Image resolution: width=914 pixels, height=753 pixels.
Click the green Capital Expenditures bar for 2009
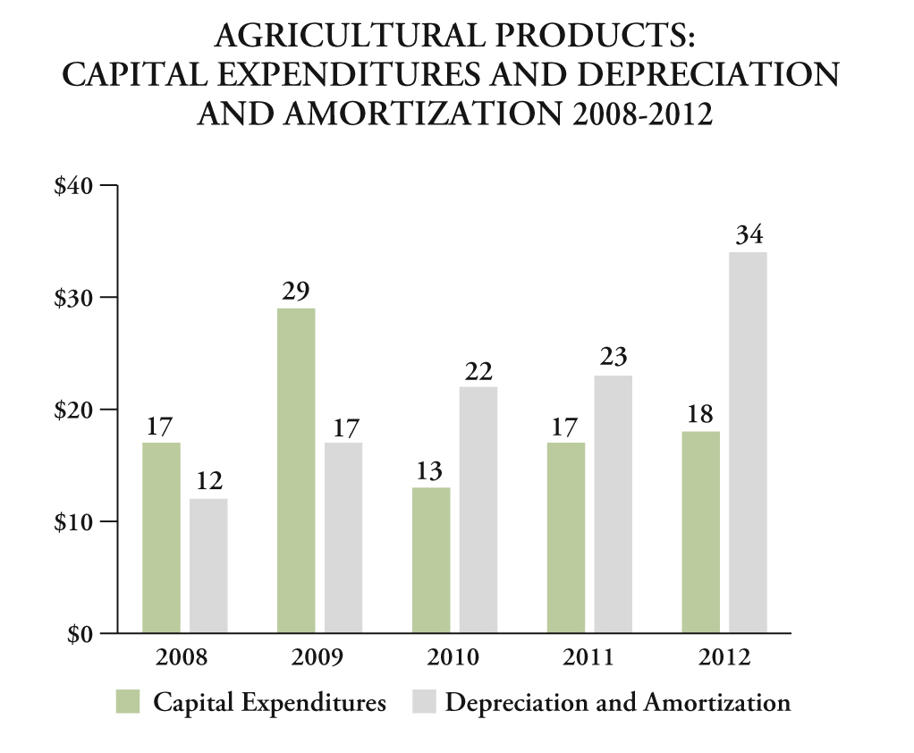(296, 470)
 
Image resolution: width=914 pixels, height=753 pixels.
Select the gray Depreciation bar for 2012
(748, 443)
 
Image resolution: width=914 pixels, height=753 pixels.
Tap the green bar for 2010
(431, 560)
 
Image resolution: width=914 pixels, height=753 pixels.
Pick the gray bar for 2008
(208, 565)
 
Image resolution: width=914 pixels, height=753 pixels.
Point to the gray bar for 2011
(613, 503)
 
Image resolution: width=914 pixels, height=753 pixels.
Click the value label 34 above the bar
(749, 236)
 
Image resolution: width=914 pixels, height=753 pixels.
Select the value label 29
(296, 292)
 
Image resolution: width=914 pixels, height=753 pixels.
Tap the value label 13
(430, 470)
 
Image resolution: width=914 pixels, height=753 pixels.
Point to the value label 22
(478, 370)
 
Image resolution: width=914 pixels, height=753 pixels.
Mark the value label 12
(208, 482)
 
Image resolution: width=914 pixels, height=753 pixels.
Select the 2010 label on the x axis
(453, 658)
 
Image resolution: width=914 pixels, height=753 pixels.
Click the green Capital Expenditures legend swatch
(129, 702)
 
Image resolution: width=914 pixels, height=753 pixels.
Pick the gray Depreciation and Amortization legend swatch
(422, 702)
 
